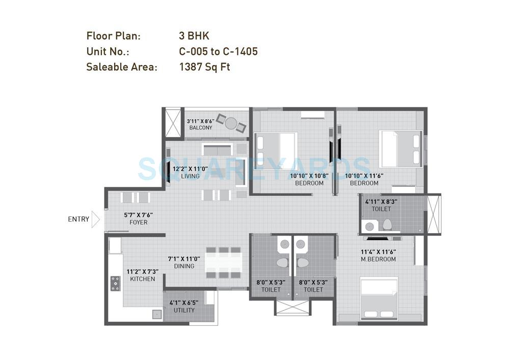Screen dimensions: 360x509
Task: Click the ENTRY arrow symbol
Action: pyautogui.click(x=96, y=219)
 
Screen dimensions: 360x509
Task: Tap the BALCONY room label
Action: pyautogui.click(x=200, y=128)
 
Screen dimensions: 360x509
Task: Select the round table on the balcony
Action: pyautogui.click(x=231, y=123)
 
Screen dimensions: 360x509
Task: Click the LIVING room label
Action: pyautogui.click(x=190, y=176)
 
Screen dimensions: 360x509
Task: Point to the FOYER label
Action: pyautogui.click(x=138, y=223)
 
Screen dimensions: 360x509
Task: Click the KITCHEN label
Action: pyautogui.click(x=142, y=279)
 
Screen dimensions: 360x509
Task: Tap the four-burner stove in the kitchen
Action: pyautogui.click(x=115, y=283)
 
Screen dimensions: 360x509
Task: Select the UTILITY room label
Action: pyautogui.click(x=184, y=310)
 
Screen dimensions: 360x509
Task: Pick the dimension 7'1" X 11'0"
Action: pyautogui.click(x=184, y=259)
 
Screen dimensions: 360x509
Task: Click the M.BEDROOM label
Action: pyautogui.click(x=378, y=259)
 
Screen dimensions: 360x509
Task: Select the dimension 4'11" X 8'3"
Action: pyautogui.click(x=381, y=202)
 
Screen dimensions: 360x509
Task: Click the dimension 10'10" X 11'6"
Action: pyautogui.click(x=364, y=176)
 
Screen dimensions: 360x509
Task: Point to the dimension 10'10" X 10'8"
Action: pyautogui.click(x=309, y=176)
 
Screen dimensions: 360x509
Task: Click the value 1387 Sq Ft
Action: pyautogui.click(x=204, y=67)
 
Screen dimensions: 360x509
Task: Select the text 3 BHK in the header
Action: pyautogui.click(x=194, y=36)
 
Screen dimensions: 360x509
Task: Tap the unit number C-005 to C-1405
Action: pyautogui.click(x=218, y=51)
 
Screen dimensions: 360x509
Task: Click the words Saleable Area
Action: pyautogui.click(x=121, y=67)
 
